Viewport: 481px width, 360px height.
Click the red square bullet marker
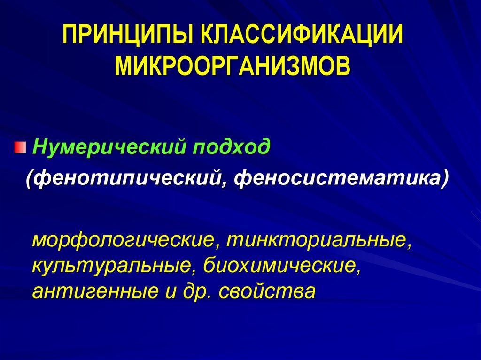point(20,149)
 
